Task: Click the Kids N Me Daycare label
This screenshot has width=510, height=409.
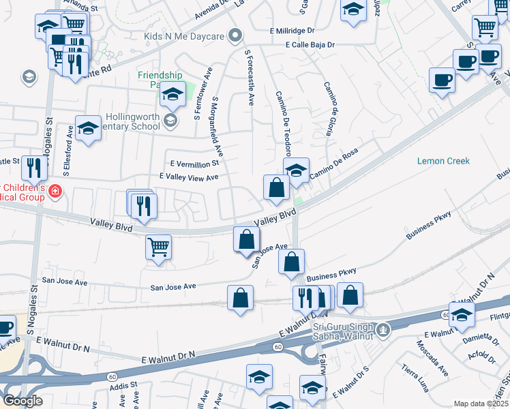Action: [185, 35]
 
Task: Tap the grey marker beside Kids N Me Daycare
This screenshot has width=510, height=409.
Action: [236, 35]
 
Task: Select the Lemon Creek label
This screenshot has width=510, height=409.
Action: [443, 161]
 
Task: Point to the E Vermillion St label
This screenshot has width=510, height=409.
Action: [195, 164]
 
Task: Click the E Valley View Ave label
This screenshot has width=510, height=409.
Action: [188, 177]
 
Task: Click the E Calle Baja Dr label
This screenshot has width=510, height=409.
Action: [311, 45]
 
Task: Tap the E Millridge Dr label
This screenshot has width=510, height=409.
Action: [292, 31]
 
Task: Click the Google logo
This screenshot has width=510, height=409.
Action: [22, 401]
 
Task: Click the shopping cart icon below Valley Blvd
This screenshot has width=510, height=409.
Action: [158, 246]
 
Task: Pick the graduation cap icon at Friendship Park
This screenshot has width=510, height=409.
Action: [173, 95]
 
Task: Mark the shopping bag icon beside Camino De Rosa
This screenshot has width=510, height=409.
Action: [275, 187]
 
